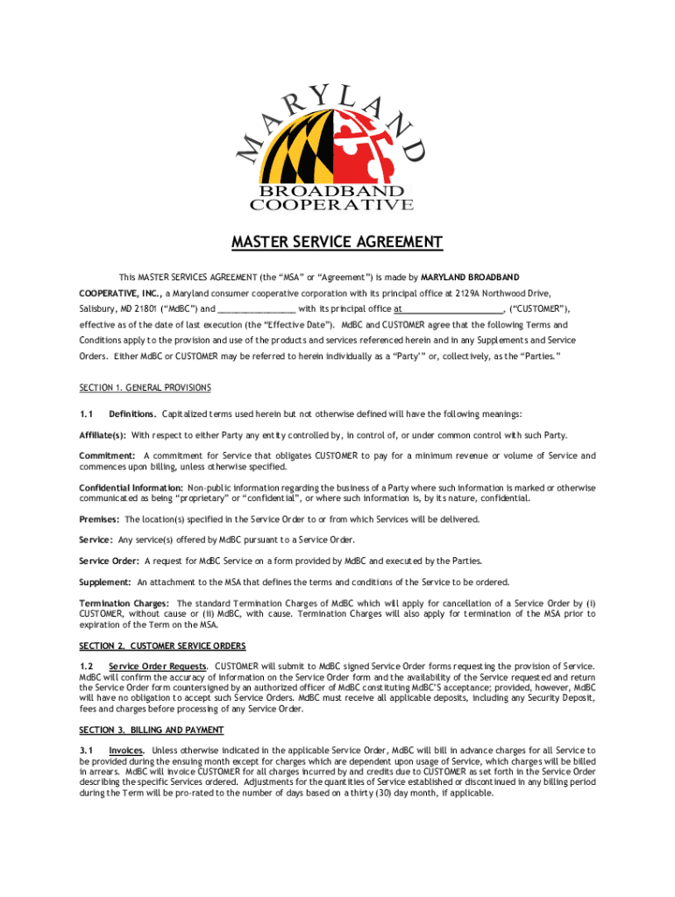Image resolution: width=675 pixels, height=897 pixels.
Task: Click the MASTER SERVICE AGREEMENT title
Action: [337, 242]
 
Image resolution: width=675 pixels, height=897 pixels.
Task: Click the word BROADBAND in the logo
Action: [331, 191]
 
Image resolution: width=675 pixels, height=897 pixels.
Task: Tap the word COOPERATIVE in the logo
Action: [331, 205]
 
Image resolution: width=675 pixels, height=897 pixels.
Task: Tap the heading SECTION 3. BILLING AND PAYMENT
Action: [151, 730]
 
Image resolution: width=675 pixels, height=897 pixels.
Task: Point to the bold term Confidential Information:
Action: [131, 487]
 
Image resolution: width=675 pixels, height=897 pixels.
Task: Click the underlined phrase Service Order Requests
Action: [158, 667]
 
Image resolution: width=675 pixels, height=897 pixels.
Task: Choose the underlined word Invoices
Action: [127, 750]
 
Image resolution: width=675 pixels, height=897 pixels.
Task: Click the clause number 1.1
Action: [86, 413]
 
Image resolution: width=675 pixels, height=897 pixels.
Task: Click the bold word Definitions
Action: [132, 413]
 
